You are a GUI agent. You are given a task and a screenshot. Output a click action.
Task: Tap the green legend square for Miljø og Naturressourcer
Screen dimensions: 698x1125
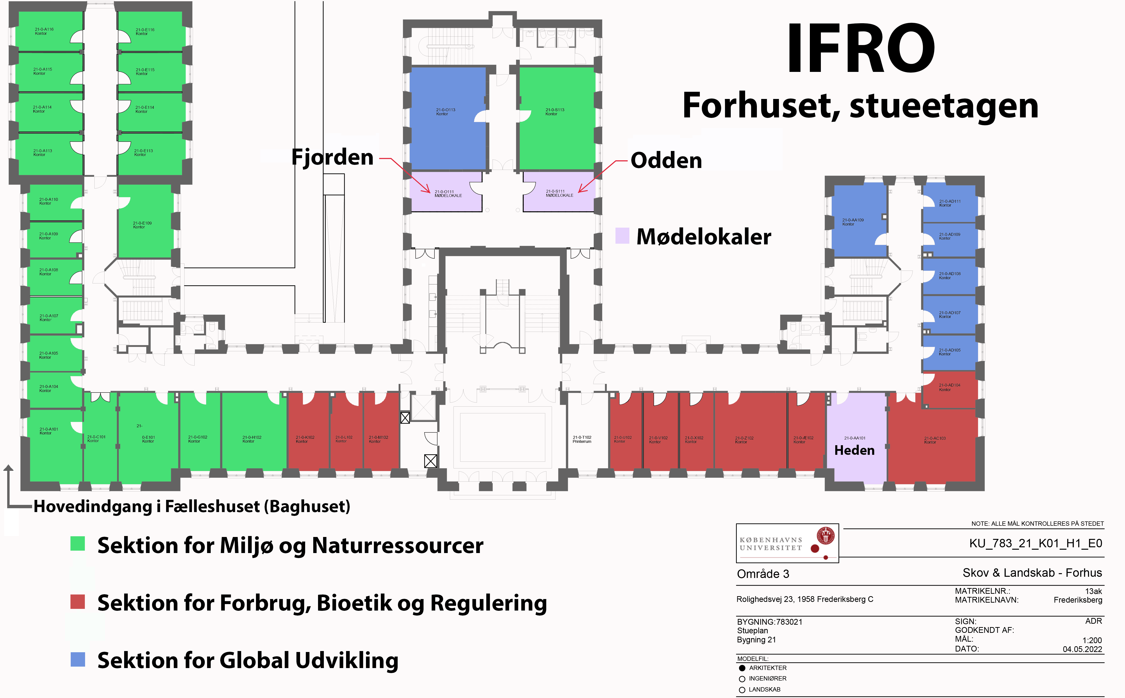78,543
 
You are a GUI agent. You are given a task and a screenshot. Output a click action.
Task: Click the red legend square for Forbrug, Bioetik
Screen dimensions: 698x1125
78,601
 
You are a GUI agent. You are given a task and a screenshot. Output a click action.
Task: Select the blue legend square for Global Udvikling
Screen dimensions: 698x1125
78,659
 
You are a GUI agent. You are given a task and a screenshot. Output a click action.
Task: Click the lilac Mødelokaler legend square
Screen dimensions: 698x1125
622,236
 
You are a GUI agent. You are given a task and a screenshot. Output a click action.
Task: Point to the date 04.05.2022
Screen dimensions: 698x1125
1082,649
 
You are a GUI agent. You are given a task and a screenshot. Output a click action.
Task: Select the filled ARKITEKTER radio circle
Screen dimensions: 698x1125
742,668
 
